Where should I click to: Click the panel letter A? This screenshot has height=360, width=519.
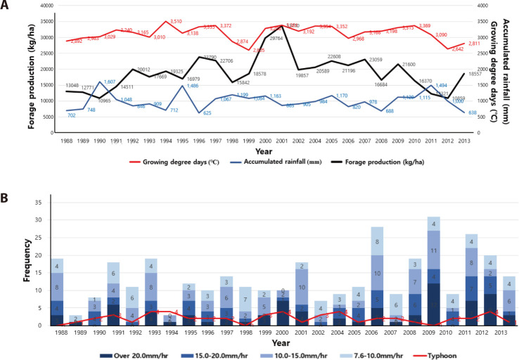(x=6, y=6)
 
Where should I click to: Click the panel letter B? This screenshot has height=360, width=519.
(x=6, y=192)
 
